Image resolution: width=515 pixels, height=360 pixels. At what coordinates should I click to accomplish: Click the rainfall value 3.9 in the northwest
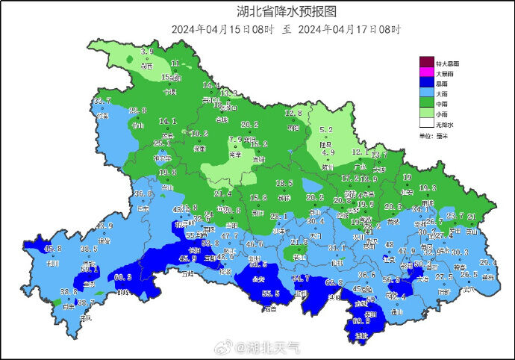pos(147,52)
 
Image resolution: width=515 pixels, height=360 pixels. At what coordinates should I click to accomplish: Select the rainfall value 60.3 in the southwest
pos(124,277)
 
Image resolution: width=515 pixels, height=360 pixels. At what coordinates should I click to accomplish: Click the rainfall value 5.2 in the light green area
pos(326,108)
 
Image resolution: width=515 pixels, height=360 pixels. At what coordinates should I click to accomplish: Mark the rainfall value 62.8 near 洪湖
pos(334,282)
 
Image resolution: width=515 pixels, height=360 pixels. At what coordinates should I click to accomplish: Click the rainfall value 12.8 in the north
pos(294,113)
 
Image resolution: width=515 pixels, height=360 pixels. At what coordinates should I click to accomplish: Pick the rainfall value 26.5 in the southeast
pos(469,274)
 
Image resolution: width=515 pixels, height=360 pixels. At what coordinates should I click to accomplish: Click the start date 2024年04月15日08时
pos(222,30)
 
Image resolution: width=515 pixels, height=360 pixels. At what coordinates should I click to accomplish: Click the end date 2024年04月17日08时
pos(349,30)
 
